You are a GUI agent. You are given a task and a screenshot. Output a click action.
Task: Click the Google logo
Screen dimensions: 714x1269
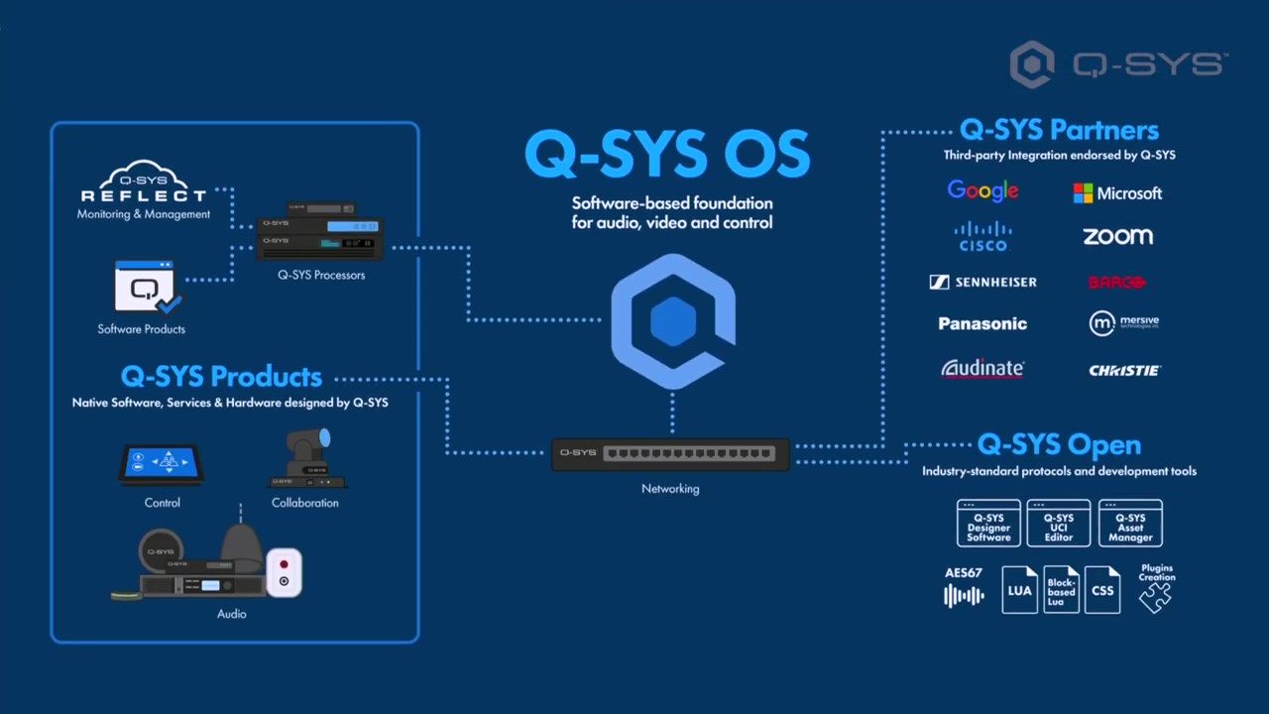982,190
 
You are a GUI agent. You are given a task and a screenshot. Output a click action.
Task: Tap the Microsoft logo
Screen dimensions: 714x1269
1117,193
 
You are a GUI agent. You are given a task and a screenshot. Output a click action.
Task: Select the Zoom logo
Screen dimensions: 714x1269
1117,236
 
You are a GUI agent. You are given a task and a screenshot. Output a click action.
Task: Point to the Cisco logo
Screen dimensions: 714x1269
982,237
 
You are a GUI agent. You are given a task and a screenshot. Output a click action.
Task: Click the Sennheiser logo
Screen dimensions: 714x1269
982,283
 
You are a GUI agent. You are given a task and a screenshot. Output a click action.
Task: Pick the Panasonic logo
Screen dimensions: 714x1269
982,323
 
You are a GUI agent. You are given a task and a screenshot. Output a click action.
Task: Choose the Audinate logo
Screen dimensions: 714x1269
982,369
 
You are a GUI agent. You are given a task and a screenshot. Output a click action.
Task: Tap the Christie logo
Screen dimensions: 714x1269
1124,370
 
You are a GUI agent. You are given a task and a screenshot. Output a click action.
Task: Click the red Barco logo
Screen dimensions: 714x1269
1117,283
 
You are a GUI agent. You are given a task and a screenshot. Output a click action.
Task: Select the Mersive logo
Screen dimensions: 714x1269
1123,322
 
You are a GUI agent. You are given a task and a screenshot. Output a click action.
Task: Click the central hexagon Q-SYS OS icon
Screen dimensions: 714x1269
673,322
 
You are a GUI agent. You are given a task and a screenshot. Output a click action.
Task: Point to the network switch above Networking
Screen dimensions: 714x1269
671,453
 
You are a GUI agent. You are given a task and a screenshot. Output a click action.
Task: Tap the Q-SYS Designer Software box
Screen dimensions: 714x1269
988,524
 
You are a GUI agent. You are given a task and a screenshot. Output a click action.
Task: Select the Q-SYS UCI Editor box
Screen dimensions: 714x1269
1059,524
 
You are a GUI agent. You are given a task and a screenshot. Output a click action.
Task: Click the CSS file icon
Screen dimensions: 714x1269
1102,589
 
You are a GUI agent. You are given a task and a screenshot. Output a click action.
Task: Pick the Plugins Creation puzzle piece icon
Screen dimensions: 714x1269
1155,595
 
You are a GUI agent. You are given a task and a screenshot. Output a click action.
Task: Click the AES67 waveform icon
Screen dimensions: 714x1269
964,595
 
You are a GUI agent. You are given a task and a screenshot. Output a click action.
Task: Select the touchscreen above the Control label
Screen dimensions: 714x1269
162,463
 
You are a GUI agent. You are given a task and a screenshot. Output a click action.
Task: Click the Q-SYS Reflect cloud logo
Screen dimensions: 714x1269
144,183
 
